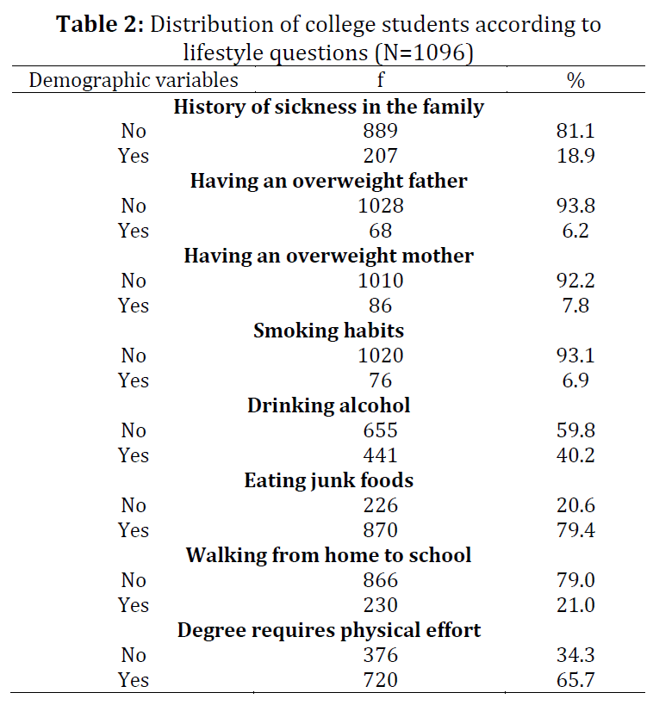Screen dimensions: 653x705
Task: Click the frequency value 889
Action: pos(380,131)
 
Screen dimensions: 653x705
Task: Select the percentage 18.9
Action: pos(575,156)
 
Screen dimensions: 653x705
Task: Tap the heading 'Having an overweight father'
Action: pos(328,181)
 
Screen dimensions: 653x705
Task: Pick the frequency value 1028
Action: pos(381,206)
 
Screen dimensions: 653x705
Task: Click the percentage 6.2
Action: pos(575,231)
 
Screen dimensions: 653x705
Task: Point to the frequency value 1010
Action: pos(381,281)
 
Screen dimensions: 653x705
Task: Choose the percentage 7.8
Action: pos(575,306)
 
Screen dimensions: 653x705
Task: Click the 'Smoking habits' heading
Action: pos(328,331)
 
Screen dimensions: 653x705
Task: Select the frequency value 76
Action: pos(380,380)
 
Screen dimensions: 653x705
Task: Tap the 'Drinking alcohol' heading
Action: pos(328,405)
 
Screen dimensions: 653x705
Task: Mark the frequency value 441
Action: pos(380,455)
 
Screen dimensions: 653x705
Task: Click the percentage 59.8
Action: pos(575,430)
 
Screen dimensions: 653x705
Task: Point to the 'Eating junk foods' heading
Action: pos(328,480)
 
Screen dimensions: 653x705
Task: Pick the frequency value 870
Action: pos(380,530)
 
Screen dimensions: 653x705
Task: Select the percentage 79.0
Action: pos(575,580)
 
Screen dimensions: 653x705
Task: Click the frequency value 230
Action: pos(380,605)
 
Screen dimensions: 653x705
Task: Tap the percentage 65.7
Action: pos(575,680)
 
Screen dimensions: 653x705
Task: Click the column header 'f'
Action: pos(381,80)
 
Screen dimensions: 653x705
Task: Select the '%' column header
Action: pos(575,80)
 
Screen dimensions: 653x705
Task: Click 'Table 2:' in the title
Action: pos(100,24)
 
